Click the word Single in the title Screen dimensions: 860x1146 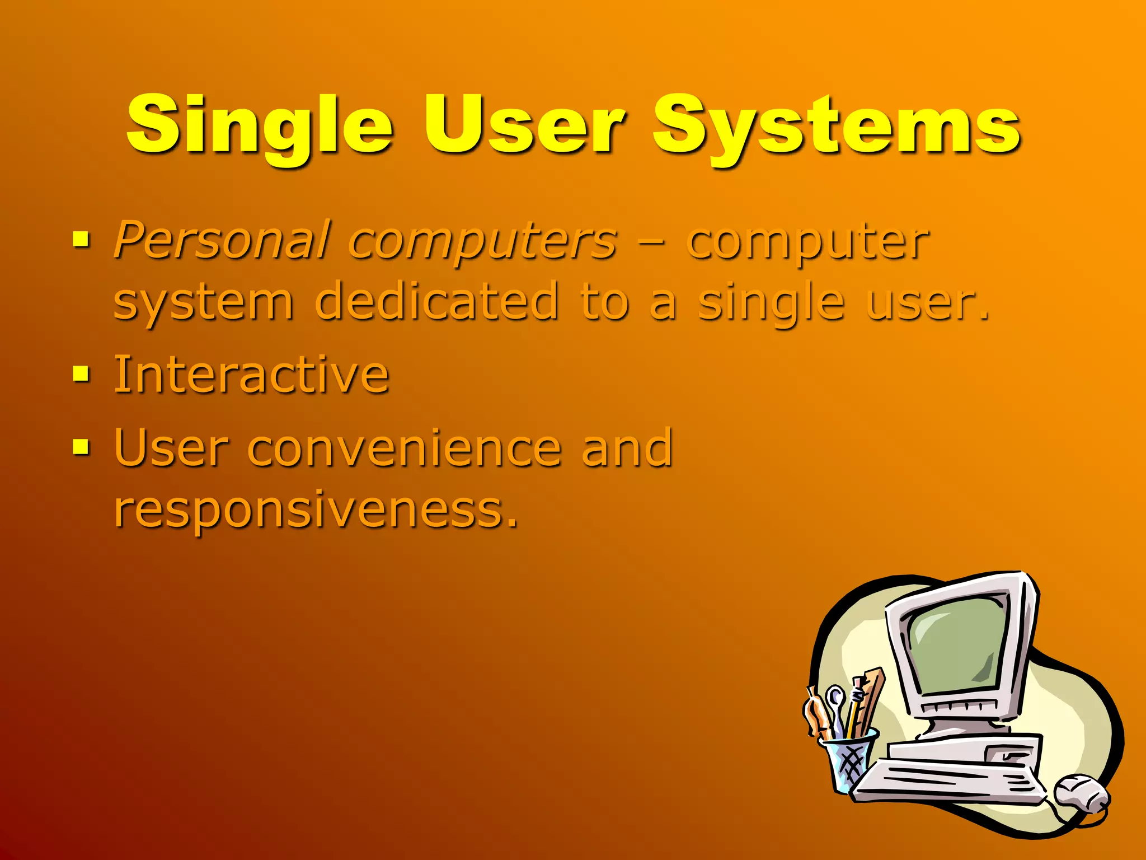[x=260, y=126]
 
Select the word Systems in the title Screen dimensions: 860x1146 [x=837, y=126]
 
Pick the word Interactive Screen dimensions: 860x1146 [x=251, y=374]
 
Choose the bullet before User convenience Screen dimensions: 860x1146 [x=81, y=446]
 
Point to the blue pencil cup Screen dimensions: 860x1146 [x=847, y=761]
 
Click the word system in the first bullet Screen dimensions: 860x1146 [x=203, y=302]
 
